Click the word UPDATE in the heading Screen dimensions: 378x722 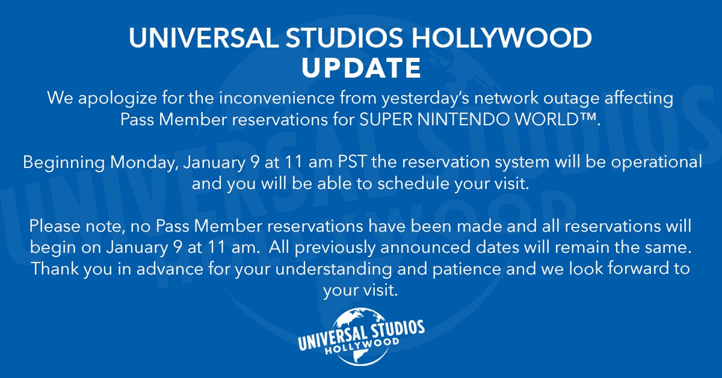pos(361,69)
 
